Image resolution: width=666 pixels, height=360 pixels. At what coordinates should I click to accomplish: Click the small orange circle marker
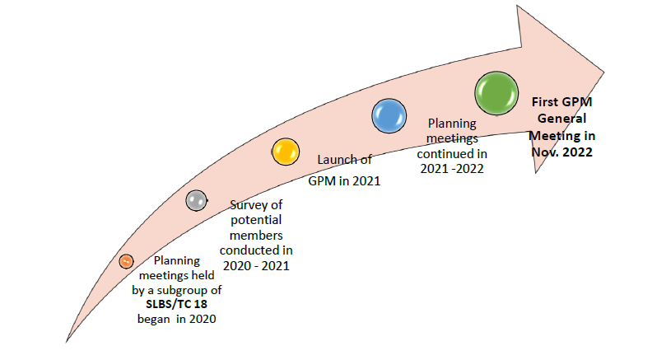coord(125,261)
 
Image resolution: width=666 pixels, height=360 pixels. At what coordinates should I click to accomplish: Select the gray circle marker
coord(196,200)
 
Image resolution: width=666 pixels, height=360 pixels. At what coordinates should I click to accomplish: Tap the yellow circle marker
coord(285,152)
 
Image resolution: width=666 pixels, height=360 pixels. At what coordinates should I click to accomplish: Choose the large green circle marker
coord(497,91)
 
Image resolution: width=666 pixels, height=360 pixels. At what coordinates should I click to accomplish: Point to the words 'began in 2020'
coord(177,320)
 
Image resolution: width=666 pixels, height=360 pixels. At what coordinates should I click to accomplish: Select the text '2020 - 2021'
coord(256,264)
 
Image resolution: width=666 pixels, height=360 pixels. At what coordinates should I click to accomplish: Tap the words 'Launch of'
coord(345,160)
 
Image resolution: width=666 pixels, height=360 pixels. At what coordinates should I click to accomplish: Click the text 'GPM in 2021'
coord(344,180)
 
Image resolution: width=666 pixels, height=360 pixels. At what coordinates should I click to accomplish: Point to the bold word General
coord(562,118)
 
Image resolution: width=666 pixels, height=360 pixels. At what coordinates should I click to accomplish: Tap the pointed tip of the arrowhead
coord(611,68)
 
